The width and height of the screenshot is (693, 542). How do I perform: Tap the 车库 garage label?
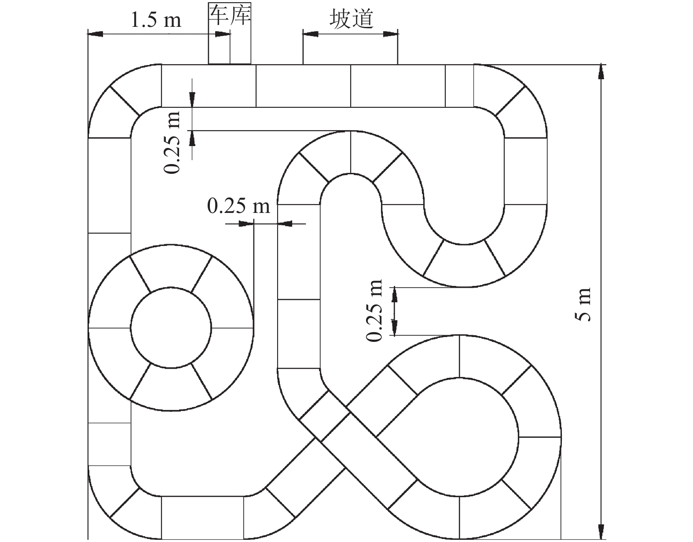[230, 15]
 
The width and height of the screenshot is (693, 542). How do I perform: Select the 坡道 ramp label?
[351, 18]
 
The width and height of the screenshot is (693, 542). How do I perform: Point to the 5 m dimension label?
[583, 304]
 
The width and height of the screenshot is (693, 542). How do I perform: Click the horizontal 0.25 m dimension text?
[238, 206]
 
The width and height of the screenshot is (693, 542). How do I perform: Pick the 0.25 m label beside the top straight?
[172, 142]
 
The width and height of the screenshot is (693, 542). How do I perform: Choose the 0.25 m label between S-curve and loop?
[374, 311]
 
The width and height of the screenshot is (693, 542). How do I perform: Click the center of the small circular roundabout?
[171, 327]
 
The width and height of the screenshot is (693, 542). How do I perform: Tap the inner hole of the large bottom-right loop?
[459, 437]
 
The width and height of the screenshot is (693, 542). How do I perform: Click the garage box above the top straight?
[230, 33]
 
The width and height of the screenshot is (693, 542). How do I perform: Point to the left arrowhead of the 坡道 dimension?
[311, 34]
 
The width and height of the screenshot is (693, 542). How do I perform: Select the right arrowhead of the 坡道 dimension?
[390, 34]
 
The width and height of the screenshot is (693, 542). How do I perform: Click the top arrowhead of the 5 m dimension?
[601, 72]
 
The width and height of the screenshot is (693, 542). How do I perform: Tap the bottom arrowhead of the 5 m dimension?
[601, 532]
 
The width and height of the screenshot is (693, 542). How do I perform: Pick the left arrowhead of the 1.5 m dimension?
[95, 34]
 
